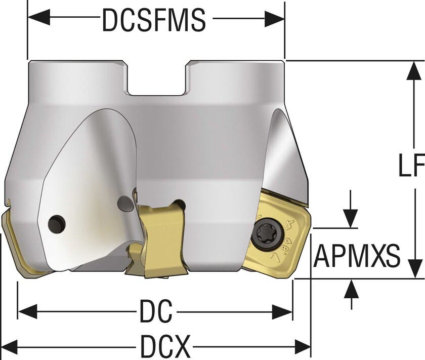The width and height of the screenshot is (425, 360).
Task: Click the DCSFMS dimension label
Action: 154,20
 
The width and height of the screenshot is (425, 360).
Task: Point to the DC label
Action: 156,311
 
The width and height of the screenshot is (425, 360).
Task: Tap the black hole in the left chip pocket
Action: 56,224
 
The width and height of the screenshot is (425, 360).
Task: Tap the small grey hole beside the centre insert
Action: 123,204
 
